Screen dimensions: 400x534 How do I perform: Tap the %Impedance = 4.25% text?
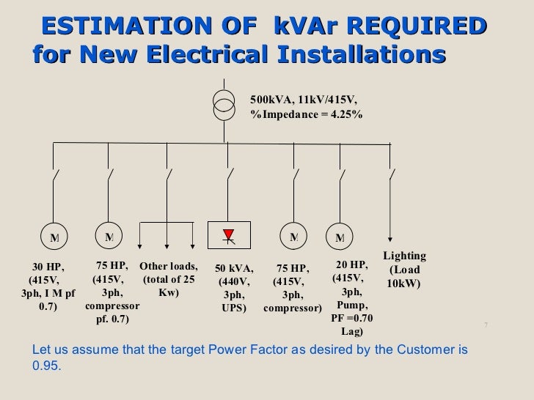(306, 115)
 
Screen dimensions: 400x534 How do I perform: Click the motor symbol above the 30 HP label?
(54, 237)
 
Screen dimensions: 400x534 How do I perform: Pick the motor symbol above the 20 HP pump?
(340, 237)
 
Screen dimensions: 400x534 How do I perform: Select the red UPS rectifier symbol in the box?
(228, 234)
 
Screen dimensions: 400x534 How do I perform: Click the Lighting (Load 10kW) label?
(404, 269)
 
